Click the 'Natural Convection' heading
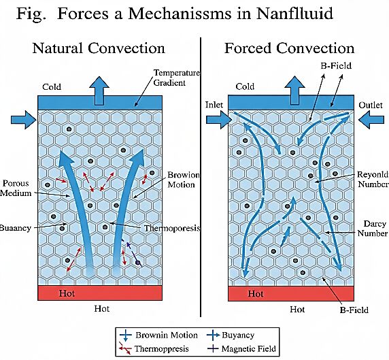(x=99, y=48)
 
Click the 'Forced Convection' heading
(x=289, y=48)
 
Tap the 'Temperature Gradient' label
(x=177, y=78)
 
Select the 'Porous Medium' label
(x=16, y=188)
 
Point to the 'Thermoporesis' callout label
(x=172, y=228)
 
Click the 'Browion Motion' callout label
(x=184, y=180)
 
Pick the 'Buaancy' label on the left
(x=16, y=228)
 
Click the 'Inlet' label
(x=214, y=105)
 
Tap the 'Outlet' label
(x=371, y=105)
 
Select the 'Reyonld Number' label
(x=373, y=179)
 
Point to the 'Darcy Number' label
(x=373, y=229)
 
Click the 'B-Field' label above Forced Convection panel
(x=336, y=66)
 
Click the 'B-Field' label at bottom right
(x=354, y=310)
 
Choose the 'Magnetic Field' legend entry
(x=241, y=349)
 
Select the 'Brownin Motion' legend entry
(x=158, y=336)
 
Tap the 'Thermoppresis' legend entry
(x=154, y=348)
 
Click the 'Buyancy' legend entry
(x=231, y=336)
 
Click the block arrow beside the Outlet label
(x=371, y=120)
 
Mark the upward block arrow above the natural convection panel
(x=99, y=91)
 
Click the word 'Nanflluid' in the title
(x=294, y=14)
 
